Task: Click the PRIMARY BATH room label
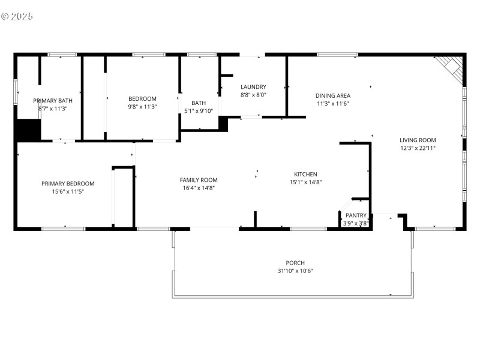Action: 53,101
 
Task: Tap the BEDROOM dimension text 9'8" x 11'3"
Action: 143,107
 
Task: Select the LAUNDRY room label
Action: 253,87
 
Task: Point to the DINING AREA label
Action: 333,95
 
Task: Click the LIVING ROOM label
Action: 418,140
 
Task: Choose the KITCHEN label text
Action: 305,175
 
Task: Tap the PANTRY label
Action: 356,215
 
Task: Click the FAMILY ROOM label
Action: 199,180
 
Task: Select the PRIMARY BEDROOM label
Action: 68,184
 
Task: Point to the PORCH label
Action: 295,263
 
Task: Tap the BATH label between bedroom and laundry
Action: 199,103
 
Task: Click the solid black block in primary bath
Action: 28,130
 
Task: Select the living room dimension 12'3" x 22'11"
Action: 418,148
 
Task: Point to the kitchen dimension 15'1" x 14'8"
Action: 305,182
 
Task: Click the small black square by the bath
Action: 223,124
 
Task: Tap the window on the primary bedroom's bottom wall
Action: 63,228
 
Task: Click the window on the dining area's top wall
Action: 337,55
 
